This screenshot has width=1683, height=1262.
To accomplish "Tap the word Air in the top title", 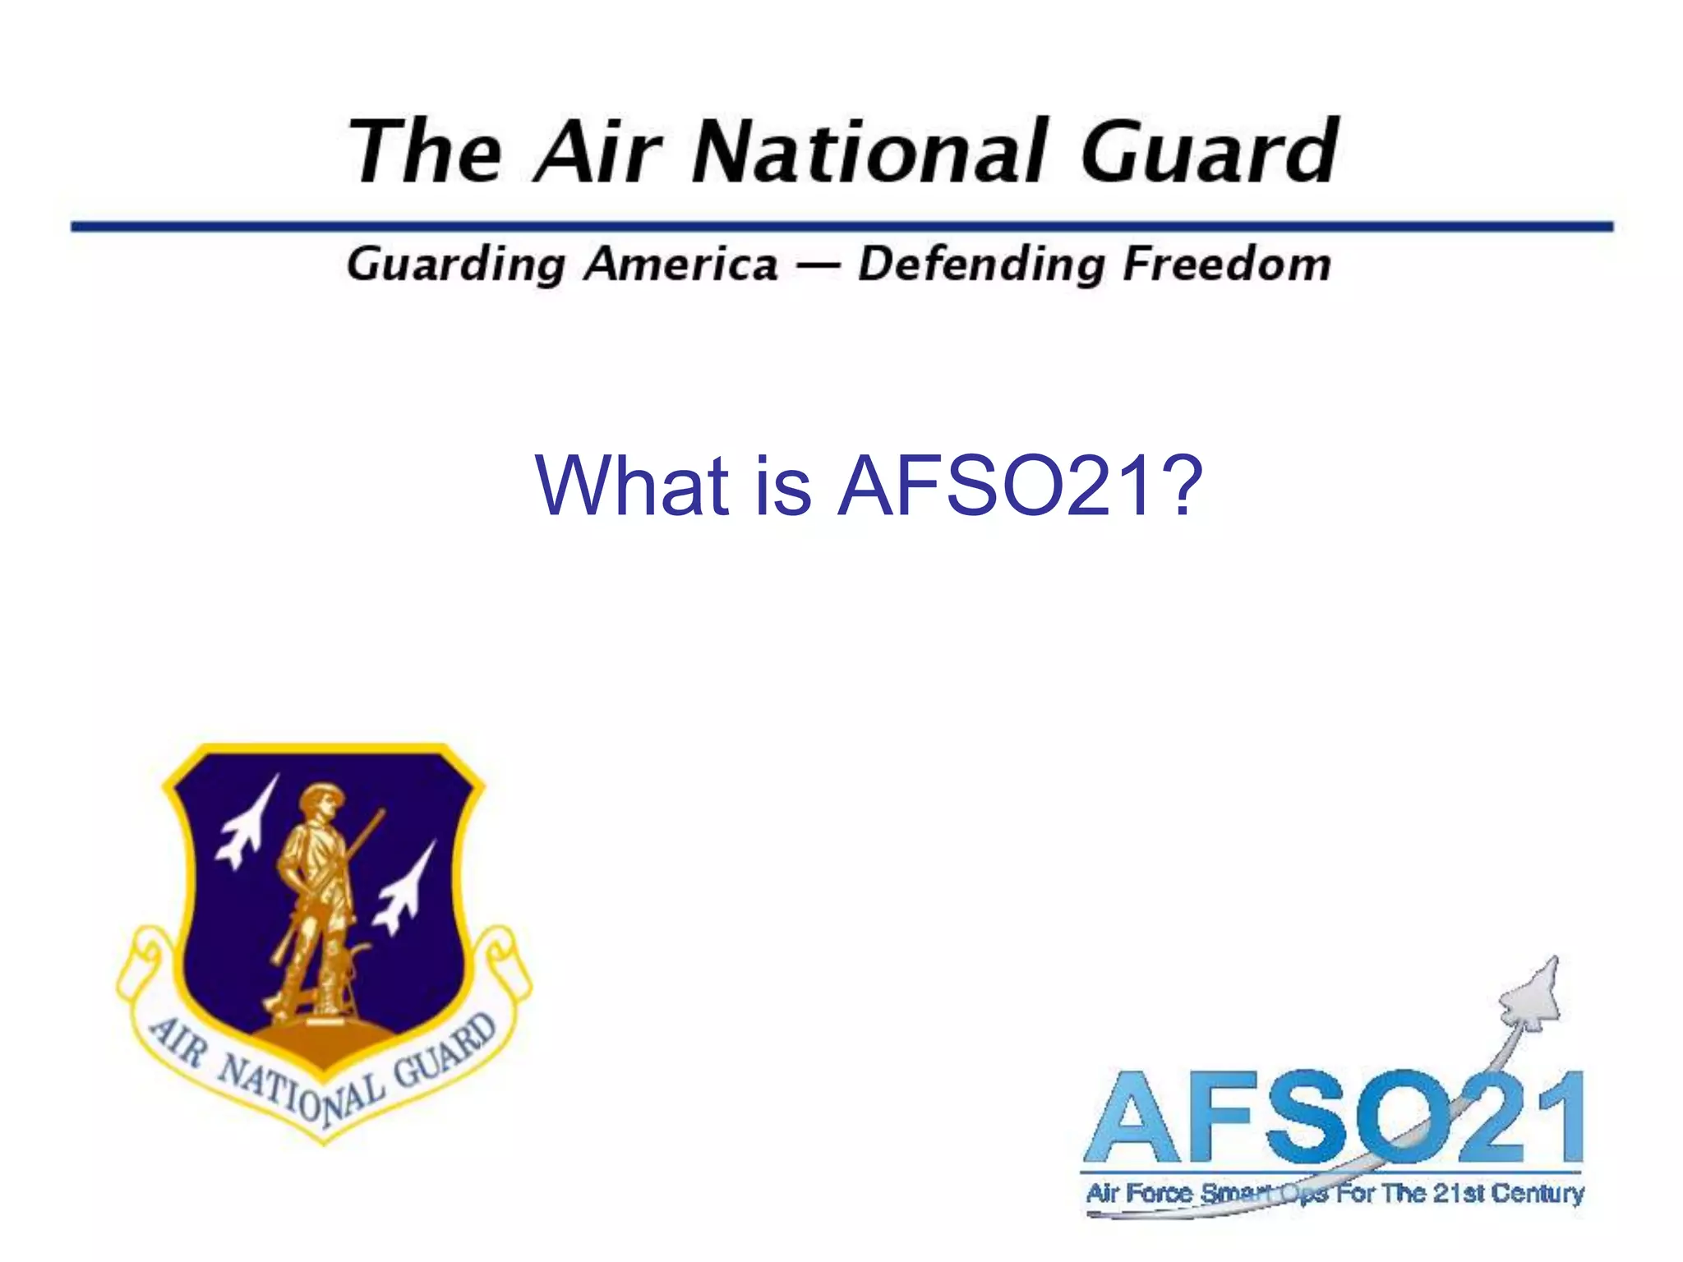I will point(597,152).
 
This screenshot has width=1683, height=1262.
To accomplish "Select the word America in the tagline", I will point(682,265).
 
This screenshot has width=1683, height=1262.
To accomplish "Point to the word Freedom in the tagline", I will point(1226,265).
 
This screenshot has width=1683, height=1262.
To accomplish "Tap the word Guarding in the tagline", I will point(456,265).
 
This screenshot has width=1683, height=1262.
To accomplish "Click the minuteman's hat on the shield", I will point(321,795).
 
